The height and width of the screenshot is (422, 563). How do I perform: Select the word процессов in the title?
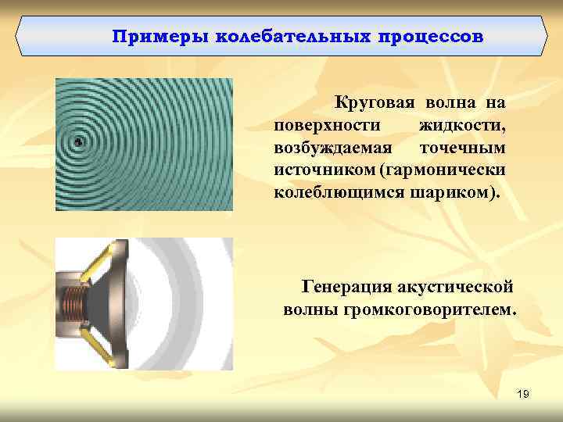pyautogui.click(x=432, y=37)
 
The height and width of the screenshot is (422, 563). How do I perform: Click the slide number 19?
pyautogui.click(x=523, y=395)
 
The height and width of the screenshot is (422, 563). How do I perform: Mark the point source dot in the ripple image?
pyautogui.click(x=78, y=141)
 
